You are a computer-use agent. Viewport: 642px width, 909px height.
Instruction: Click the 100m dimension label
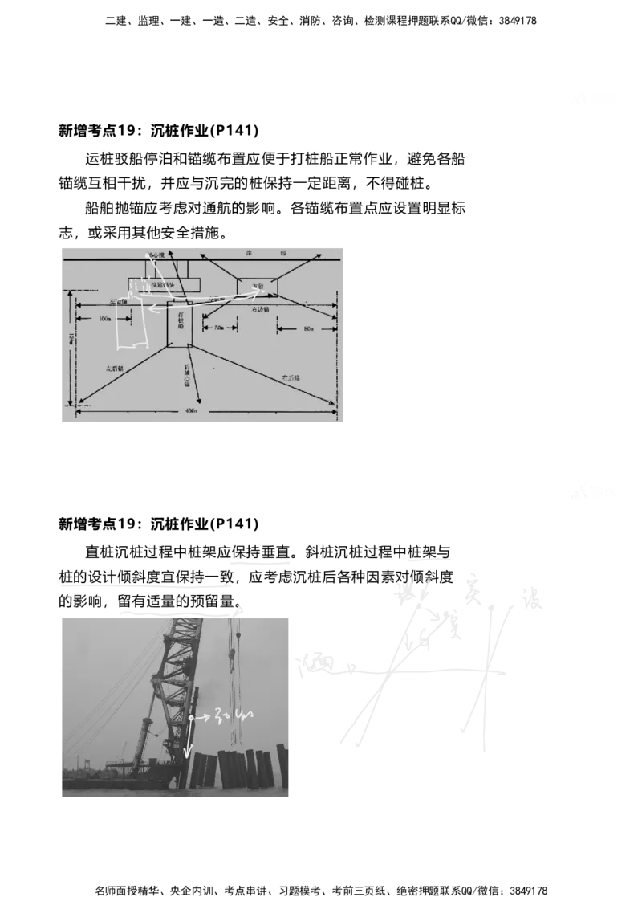pyautogui.click(x=104, y=319)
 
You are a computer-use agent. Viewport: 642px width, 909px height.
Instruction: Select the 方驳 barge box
pyautogui.click(x=257, y=286)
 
